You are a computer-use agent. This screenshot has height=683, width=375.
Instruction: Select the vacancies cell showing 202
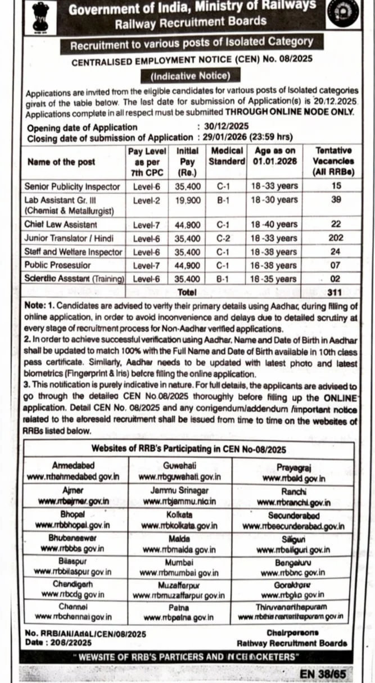pos(336,238)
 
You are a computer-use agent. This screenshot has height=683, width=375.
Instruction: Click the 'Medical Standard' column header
pos(227,156)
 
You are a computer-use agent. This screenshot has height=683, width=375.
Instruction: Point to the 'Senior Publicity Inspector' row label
pos(73,186)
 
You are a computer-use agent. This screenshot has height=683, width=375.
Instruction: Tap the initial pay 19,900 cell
pos(188,200)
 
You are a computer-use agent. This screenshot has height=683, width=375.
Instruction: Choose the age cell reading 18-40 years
pos(274,224)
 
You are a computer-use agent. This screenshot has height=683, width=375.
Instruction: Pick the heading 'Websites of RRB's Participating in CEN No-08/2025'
pos(189,449)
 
